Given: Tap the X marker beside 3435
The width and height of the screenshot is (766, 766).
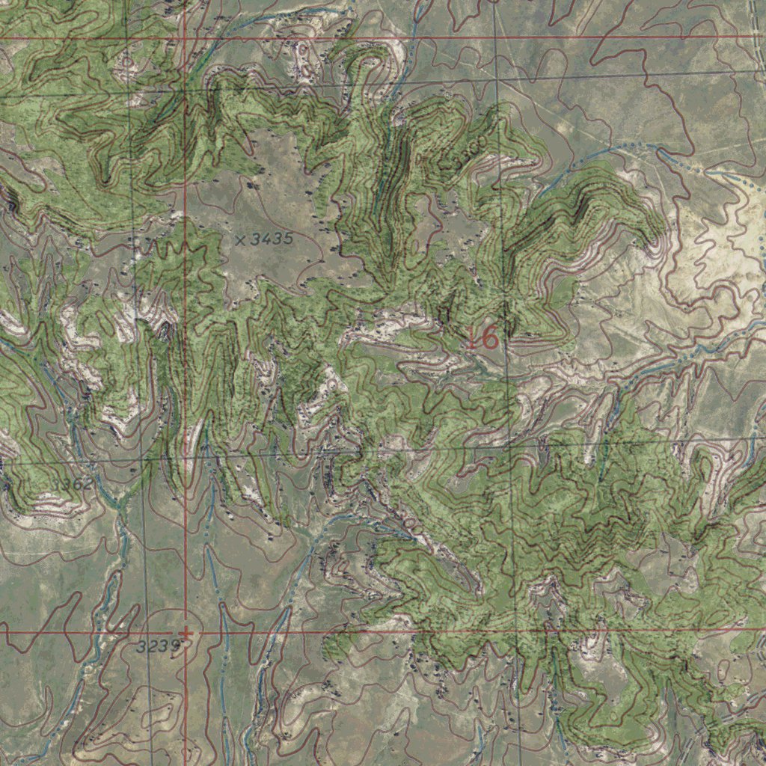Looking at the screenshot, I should [x=240, y=240].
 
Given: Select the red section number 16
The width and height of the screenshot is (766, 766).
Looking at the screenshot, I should [x=483, y=338].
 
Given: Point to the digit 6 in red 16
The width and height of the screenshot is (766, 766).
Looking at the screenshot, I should [x=490, y=338].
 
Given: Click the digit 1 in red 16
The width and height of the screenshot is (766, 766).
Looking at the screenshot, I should [x=474, y=338].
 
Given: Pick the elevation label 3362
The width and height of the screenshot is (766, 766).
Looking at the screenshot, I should [x=73, y=485].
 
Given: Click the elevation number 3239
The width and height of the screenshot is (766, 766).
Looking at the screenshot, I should [x=159, y=646].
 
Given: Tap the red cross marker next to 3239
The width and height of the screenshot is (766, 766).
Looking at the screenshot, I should [x=185, y=634].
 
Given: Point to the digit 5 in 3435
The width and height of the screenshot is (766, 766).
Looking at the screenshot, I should [x=287, y=239].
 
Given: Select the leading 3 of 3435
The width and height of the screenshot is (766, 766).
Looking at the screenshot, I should [x=256, y=239].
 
